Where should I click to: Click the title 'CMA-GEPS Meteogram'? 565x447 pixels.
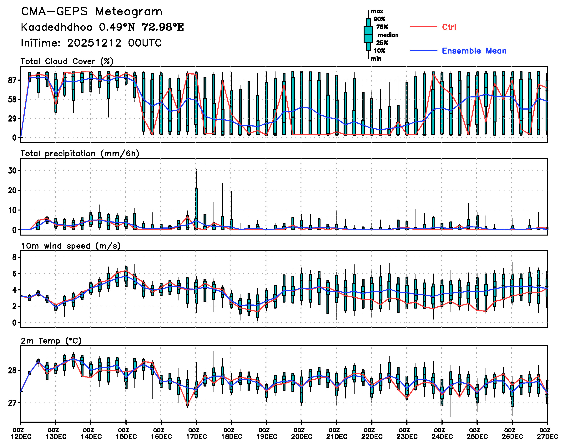[x=92, y=12]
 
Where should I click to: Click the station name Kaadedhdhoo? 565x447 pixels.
[x=57, y=27]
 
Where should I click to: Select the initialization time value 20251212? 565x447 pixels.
[x=94, y=43]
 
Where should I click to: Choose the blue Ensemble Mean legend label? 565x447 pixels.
[x=474, y=51]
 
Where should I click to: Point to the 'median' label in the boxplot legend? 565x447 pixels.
[x=388, y=35]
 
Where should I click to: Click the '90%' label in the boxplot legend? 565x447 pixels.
[x=379, y=19]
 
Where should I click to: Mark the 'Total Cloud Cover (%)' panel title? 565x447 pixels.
[x=67, y=61]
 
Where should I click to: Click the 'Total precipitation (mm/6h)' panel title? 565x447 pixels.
[x=80, y=154]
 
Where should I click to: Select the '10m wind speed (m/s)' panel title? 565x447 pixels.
[x=71, y=246]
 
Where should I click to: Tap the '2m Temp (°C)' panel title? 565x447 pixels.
[x=51, y=341]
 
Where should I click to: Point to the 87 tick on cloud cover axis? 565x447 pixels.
[x=13, y=80]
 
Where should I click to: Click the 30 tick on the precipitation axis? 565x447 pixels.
[x=12, y=171]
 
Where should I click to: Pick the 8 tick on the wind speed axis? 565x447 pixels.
[x=14, y=257]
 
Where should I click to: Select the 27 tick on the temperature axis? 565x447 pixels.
[x=12, y=403]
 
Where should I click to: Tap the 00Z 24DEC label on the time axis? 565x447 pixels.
[x=442, y=433]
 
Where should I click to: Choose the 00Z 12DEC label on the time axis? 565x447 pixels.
[x=21, y=433]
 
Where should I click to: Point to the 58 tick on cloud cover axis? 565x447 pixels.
[x=13, y=99]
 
